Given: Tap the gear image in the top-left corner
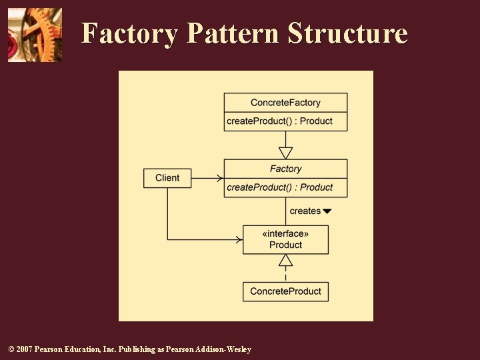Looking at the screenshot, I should pos(35,35).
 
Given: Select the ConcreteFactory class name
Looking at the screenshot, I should pos(285,103).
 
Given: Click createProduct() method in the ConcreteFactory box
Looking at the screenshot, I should pos(279,121).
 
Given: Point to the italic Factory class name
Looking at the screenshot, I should pos(285,169).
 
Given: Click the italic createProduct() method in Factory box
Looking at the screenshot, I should pos(279,187).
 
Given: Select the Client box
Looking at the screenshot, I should pos(167,178).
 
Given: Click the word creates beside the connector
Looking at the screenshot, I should pos(305,211).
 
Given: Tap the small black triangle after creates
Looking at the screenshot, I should pos(327,211).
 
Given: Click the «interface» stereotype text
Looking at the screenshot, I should pos(285,233).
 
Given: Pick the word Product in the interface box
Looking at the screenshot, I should pos(285,245).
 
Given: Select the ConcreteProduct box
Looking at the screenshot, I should pos(285,291).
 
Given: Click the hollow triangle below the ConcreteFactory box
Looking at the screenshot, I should pos(285,153).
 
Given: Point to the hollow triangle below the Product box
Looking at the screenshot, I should pos(285,261).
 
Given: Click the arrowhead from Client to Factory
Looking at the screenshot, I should pos(219,178).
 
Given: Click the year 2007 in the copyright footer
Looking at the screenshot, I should pos(23,349).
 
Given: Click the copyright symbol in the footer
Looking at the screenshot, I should pos(9,349).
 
